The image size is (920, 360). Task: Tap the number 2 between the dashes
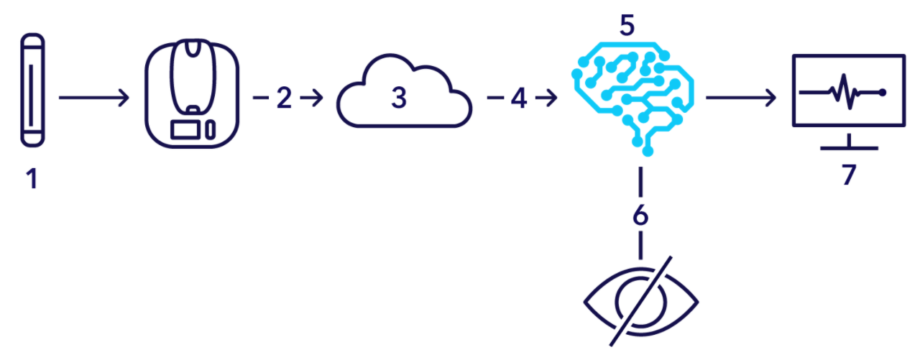[285, 98]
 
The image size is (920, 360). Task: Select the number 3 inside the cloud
[399, 98]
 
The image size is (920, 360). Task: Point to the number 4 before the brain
[519, 98]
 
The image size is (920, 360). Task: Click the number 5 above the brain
[627, 26]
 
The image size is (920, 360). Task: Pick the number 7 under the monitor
[850, 175]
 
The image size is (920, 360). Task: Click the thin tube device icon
[31, 90]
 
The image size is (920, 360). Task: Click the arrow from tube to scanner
[93, 97]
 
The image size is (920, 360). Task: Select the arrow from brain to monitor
[741, 98]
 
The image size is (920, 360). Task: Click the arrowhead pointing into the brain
[553, 98]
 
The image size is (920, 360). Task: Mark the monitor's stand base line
[850, 149]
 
